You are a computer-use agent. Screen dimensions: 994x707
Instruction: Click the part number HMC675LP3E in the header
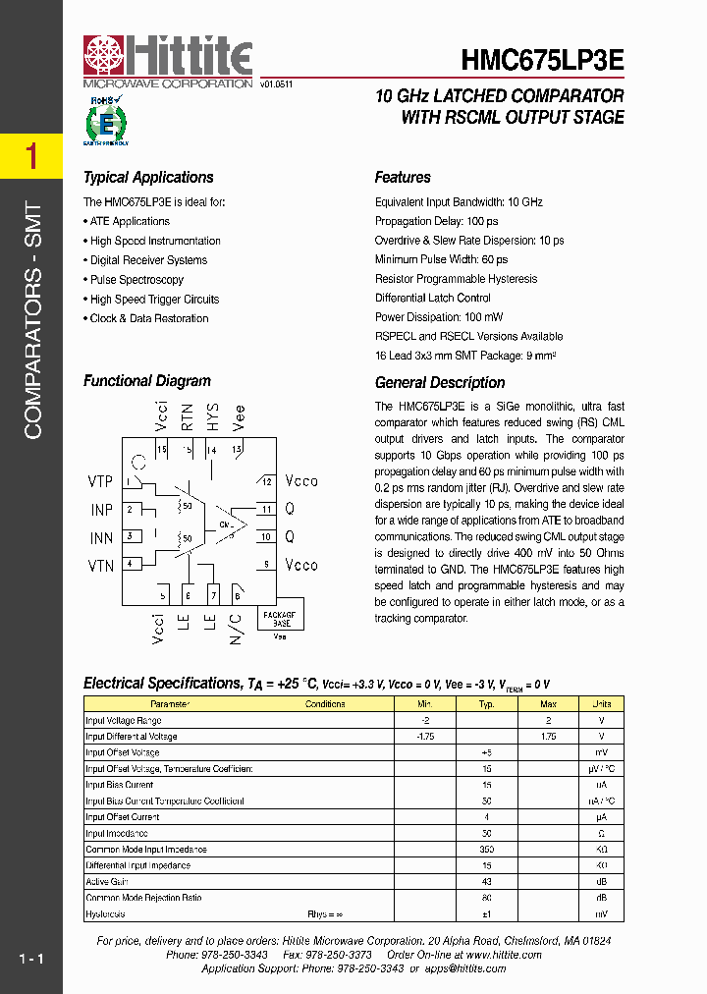[541, 60]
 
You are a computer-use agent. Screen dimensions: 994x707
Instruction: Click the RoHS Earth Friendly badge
[106, 121]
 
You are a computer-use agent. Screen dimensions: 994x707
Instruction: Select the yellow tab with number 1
[31, 156]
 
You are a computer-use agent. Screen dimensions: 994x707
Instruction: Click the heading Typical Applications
[148, 178]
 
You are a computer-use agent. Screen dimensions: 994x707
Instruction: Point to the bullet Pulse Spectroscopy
[136, 280]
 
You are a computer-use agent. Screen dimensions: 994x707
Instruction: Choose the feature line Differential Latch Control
[432, 299]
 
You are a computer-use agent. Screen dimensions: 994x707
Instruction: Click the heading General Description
[440, 383]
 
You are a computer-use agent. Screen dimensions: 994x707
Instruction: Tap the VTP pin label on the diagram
[101, 481]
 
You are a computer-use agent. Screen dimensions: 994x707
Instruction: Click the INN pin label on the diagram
[101, 538]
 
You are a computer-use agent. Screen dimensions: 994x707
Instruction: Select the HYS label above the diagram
[211, 417]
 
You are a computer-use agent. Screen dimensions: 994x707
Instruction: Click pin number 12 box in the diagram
[266, 482]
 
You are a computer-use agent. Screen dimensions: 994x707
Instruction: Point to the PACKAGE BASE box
[281, 618]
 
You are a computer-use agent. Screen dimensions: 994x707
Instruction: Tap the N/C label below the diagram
[236, 628]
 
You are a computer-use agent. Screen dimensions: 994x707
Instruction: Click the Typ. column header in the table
[486, 704]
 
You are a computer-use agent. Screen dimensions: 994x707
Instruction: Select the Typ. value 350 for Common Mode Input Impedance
[486, 850]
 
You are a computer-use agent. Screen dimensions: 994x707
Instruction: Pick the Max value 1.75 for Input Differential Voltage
[549, 736]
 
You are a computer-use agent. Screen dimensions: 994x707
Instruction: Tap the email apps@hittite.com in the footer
[464, 968]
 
